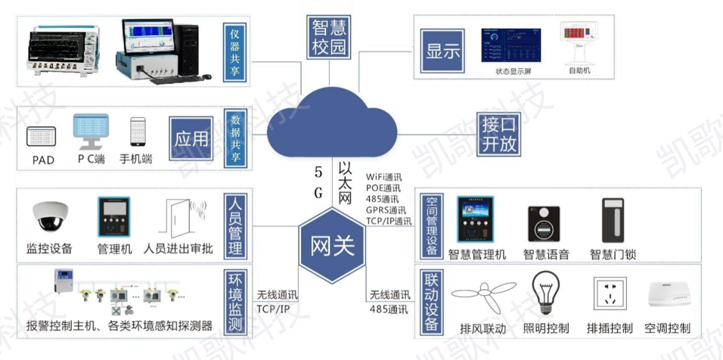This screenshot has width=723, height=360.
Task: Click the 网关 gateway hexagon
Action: tap(333, 246)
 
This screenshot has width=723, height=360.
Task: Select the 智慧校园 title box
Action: tap(330, 37)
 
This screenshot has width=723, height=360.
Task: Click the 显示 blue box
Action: tap(443, 51)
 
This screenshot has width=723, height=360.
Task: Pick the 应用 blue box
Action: tap(191, 139)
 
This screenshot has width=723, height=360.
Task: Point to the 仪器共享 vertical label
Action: tap(234, 51)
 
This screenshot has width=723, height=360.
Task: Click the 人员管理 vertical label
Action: tap(234, 226)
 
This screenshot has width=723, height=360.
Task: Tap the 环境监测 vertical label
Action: tap(234, 301)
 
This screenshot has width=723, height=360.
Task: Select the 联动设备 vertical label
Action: tap(431, 301)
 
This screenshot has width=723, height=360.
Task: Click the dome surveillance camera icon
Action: tap(50, 217)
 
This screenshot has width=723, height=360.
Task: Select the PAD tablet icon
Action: tap(43, 137)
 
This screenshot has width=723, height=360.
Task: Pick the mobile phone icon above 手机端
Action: tap(138, 132)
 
